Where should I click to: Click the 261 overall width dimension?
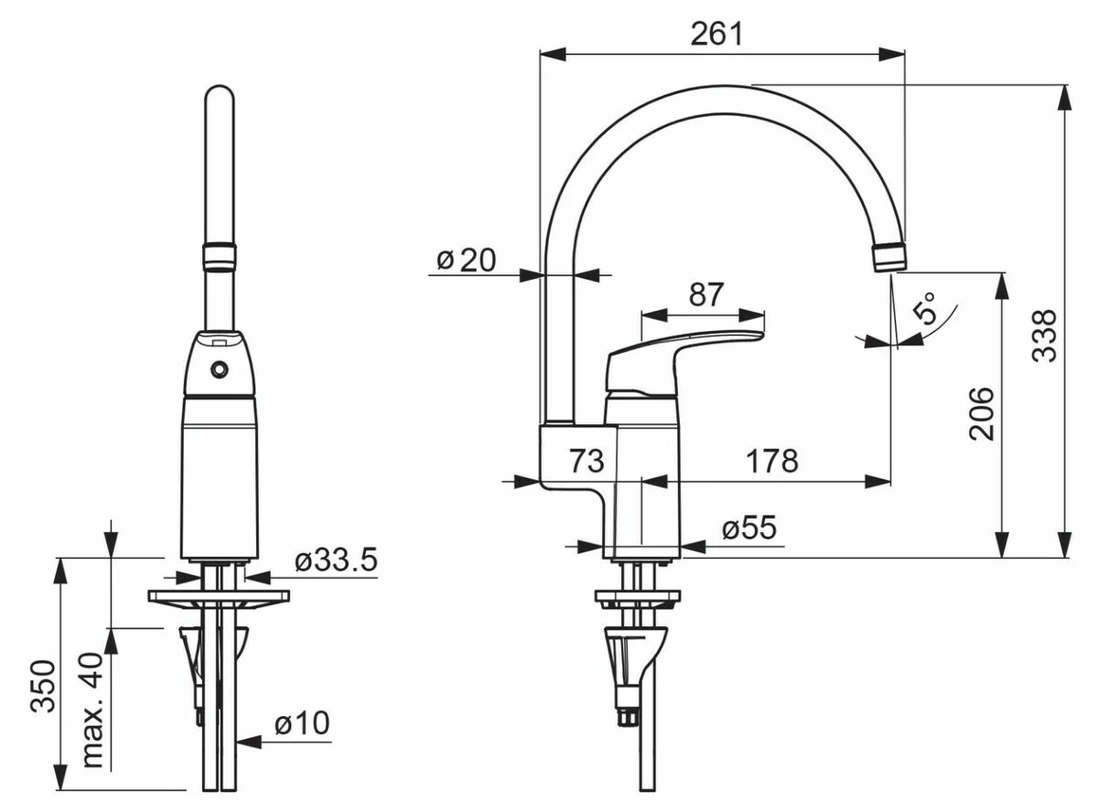(x=716, y=35)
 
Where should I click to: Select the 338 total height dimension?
(x=1045, y=336)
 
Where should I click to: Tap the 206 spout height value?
(x=981, y=413)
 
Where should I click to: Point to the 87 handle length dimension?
(x=706, y=294)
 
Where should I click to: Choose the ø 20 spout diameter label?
(x=467, y=260)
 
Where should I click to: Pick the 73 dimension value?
(x=587, y=461)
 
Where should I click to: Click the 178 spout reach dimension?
(x=772, y=461)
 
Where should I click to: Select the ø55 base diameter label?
(x=749, y=528)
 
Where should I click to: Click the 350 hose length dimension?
(x=43, y=686)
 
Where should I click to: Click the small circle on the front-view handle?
(x=219, y=369)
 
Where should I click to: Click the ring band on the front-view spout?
(x=219, y=256)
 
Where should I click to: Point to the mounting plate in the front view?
(x=219, y=596)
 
